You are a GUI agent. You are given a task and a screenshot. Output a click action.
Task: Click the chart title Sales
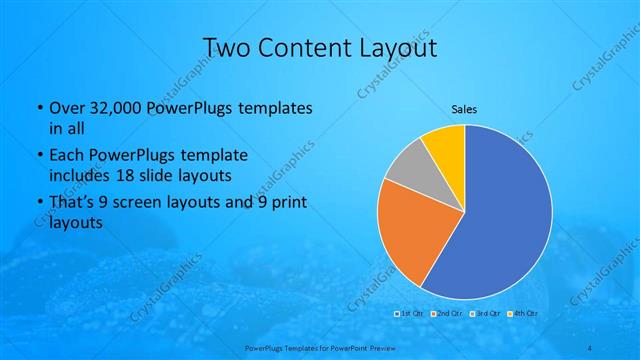tap(464, 108)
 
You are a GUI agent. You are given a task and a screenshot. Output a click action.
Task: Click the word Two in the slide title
tap(227, 47)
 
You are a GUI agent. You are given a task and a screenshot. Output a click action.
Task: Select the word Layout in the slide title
tap(397, 47)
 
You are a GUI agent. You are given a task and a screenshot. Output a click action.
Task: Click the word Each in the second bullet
tap(66, 156)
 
